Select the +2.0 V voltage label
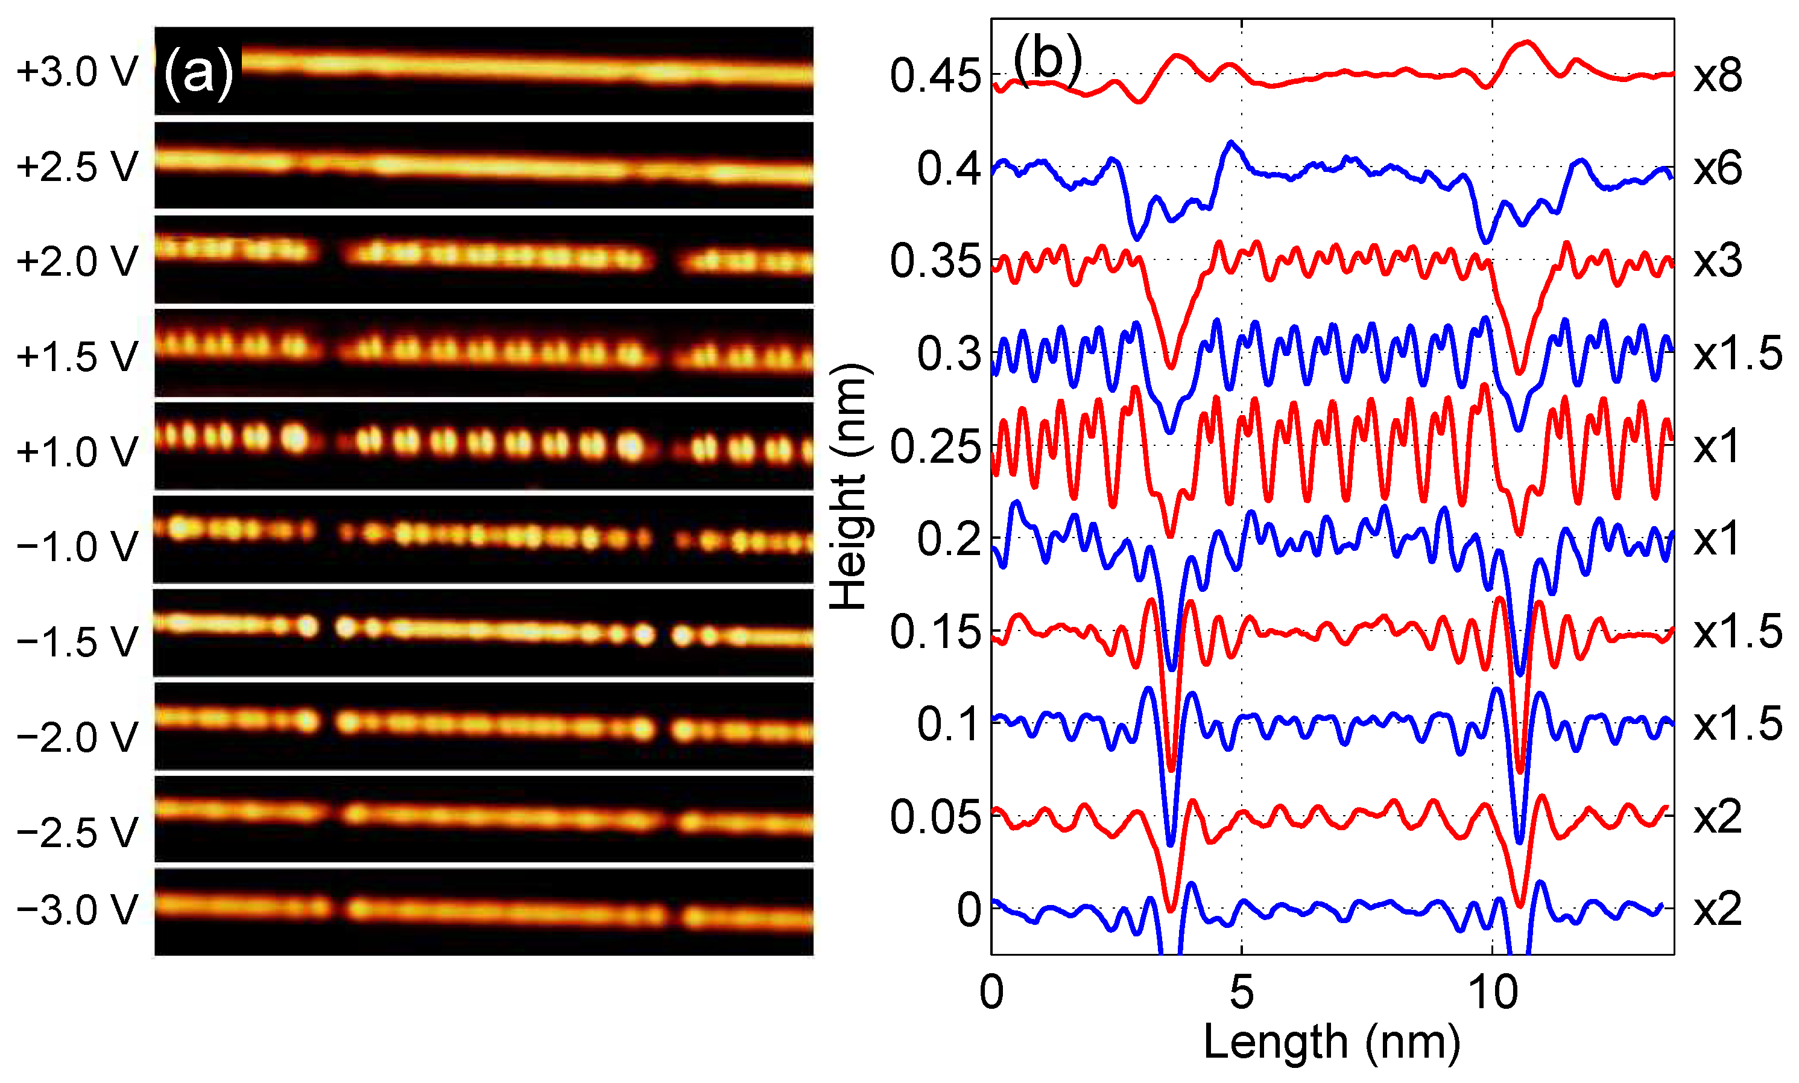(x=77, y=261)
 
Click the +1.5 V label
(x=77, y=357)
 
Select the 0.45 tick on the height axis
(x=935, y=76)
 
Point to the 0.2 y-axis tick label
(x=949, y=539)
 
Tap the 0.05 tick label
(x=935, y=817)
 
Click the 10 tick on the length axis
(x=1493, y=993)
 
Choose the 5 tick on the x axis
(x=1242, y=993)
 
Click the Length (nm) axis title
(x=1332, y=1042)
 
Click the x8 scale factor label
(x=1718, y=76)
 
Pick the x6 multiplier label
(x=1718, y=168)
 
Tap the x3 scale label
(x=1718, y=261)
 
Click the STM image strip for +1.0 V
(x=484, y=445)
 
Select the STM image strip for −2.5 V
(x=484, y=819)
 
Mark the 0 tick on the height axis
(x=969, y=909)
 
